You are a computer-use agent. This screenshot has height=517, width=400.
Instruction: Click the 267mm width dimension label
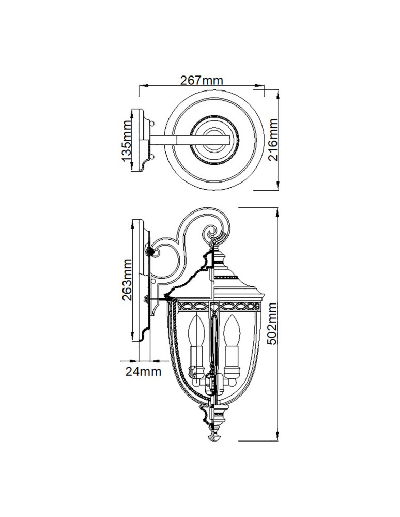point(201,80)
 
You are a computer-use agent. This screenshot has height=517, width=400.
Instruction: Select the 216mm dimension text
point(273,140)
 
